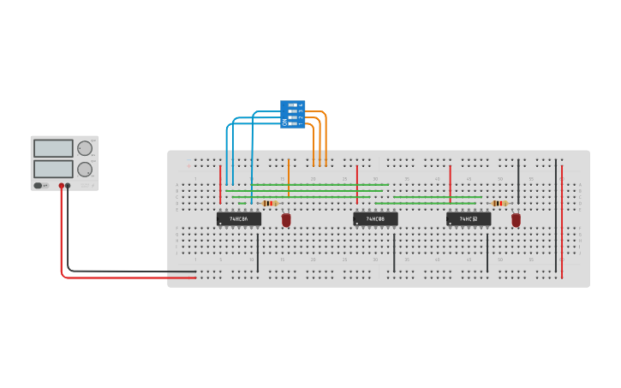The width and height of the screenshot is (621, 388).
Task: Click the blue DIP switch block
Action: click(x=292, y=114)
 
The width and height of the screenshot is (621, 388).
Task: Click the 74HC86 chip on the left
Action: click(x=238, y=219)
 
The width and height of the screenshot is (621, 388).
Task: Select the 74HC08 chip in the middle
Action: click(x=375, y=219)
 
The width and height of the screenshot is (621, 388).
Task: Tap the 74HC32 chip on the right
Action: click(x=469, y=219)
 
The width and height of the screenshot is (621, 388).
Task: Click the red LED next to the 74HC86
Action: click(x=286, y=220)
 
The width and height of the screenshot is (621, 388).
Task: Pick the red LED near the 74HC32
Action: click(x=516, y=220)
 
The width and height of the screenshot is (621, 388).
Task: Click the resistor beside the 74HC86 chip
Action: click(x=270, y=203)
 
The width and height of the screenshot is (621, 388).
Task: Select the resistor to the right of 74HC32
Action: click(x=500, y=203)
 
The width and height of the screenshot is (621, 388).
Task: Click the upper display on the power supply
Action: click(x=54, y=148)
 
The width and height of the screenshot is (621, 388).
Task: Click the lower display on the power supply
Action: click(x=54, y=169)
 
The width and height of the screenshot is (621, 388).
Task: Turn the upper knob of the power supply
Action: click(x=85, y=148)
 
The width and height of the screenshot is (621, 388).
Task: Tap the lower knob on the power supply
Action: click(x=85, y=169)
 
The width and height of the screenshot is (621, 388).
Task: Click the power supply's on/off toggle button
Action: click(x=39, y=185)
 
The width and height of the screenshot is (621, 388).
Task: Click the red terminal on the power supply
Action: click(x=62, y=185)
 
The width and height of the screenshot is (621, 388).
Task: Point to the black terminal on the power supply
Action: click(x=69, y=185)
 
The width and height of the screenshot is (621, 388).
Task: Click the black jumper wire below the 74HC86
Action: click(x=258, y=253)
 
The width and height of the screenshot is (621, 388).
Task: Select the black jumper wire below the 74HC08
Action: click(x=394, y=253)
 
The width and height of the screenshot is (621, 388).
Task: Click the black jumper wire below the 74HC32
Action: click(x=487, y=253)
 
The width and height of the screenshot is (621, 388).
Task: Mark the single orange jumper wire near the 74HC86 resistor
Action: click(x=289, y=177)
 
